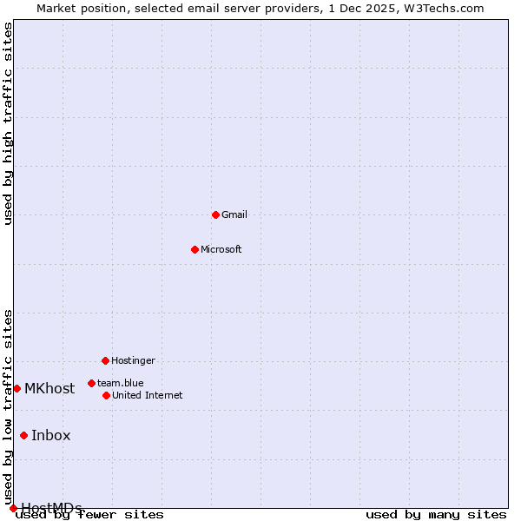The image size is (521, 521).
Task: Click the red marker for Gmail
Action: [215, 214]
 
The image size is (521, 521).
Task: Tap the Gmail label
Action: [234, 215]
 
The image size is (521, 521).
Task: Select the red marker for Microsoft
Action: [195, 249]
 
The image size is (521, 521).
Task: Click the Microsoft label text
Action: [221, 250]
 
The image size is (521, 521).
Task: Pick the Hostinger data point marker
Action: [105, 360]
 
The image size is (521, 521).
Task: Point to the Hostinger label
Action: [133, 361]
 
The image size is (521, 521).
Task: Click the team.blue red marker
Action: [91, 383]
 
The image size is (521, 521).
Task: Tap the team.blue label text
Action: [121, 383]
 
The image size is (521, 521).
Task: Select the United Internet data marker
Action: [106, 395]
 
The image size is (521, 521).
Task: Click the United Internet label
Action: [148, 396]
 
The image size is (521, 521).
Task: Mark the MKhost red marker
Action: [16, 388]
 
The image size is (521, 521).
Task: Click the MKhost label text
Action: [49, 389]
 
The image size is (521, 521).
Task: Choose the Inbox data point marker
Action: [23, 435]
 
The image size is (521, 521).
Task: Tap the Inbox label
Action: [51, 436]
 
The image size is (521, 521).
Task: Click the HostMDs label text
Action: [51, 508]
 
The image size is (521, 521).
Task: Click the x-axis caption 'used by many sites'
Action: [436, 515]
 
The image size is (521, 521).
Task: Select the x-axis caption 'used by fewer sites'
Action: [90, 515]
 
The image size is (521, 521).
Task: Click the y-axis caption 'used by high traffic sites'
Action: [9, 123]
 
